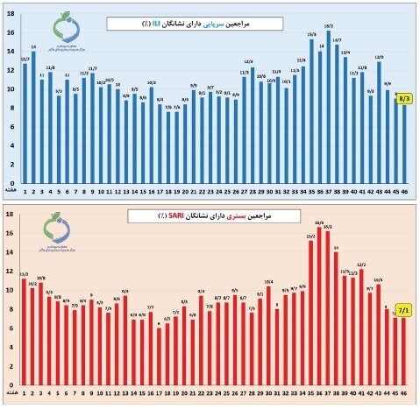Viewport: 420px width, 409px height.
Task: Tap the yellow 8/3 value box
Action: tap(405, 101)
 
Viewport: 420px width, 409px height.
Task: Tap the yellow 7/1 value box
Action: tap(404, 308)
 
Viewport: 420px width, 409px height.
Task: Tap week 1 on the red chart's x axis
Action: tap(25, 399)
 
